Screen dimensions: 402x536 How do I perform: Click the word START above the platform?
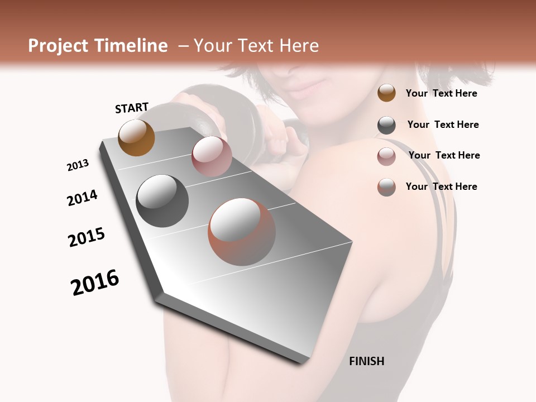point(132,108)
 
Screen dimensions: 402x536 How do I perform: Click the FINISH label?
point(366,361)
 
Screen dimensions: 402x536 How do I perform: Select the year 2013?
point(78,165)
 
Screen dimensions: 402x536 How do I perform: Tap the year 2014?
point(82,198)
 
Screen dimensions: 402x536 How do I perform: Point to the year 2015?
point(87,237)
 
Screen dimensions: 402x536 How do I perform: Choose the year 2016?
point(95,283)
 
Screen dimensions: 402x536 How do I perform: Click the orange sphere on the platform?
point(136,137)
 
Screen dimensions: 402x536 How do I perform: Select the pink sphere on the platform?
point(212,156)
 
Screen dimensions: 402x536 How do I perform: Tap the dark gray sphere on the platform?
point(162,201)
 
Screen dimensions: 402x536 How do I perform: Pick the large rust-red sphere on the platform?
point(242,232)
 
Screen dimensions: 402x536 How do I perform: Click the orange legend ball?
point(386,93)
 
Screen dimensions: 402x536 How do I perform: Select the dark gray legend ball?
point(386,125)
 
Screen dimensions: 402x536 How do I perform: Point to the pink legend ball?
point(386,156)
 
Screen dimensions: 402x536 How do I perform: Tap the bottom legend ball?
point(386,187)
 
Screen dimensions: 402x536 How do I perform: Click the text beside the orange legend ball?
point(441,93)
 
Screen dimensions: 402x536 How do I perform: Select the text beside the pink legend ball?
point(444,155)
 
